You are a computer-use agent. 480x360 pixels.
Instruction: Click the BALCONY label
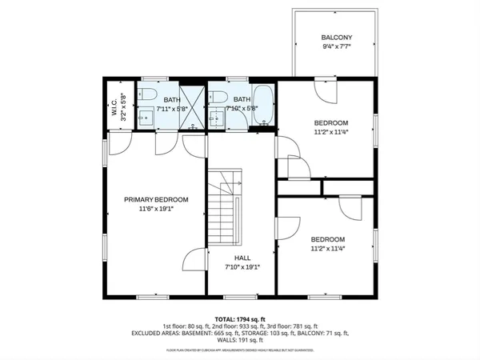click(x=337, y=38)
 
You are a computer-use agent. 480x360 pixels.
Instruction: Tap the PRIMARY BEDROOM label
click(x=155, y=199)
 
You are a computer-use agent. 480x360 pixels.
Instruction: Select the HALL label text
click(x=242, y=258)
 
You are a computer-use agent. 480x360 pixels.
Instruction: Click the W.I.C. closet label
click(x=114, y=106)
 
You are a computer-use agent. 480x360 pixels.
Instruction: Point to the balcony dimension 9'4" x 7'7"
click(x=337, y=46)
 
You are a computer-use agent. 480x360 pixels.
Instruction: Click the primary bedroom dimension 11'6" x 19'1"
click(x=155, y=208)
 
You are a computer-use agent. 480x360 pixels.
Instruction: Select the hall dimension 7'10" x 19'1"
click(x=242, y=266)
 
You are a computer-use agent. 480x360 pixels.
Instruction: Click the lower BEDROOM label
click(x=327, y=239)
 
